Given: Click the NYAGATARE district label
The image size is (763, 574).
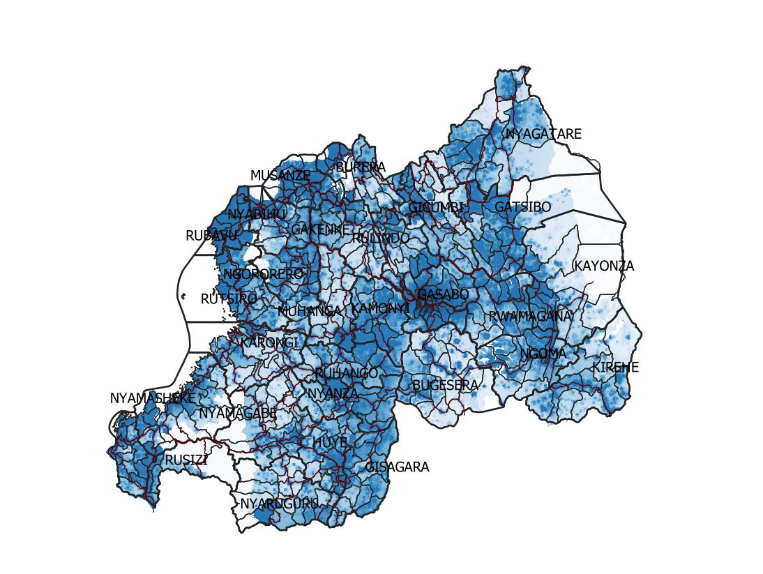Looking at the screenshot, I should (x=543, y=134).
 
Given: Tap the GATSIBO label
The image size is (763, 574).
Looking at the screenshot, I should (x=522, y=207).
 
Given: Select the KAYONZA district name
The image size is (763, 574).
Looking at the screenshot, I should (x=604, y=266).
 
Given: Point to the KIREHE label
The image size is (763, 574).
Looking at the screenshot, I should (x=615, y=368).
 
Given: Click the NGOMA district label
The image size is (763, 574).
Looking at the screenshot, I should (x=543, y=354).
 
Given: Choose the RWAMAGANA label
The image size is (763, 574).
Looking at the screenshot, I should (x=530, y=316).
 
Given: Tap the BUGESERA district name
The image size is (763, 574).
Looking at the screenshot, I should (x=445, y=385).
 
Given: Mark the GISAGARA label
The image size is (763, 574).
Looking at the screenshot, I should (x=398, y=467).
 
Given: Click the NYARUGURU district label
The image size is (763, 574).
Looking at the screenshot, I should (x=279, y=504).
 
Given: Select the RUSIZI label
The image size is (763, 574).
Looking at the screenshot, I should (x=186, y=460).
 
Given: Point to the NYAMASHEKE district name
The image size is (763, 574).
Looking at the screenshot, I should (x=153, y=398).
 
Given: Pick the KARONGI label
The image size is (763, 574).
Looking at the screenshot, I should (x=269, y=343).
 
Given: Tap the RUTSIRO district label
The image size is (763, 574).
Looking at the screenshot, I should (x=229, y=299).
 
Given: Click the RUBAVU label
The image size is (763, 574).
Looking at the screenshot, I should (x=211, y=236).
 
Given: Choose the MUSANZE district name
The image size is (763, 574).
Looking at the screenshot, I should (x=280, y=176).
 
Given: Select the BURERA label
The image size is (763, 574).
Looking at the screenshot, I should (x=361, y=167).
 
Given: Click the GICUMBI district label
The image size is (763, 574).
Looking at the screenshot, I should (x=436, y=208).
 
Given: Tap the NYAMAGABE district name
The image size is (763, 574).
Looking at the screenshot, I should (x=238, y=414).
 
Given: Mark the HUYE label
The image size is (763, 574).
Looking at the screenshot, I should (x=330, y=442).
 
